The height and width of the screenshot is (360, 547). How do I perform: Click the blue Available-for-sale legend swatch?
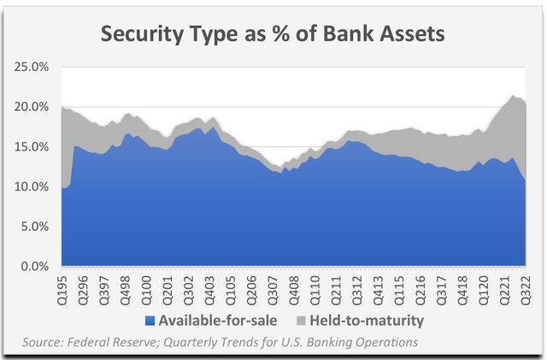[x=150, y=322]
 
